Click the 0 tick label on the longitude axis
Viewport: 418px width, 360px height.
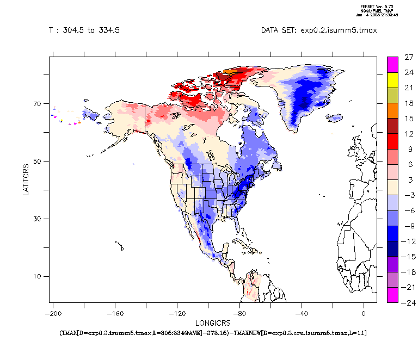[364, 314]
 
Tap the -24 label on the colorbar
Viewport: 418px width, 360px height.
[409, 302]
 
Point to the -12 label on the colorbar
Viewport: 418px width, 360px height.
[409, 241]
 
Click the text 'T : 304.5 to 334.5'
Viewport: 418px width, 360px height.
[84, 30]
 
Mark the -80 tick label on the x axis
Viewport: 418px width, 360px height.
[239, 314]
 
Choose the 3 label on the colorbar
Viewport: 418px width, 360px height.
[409, 179]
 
